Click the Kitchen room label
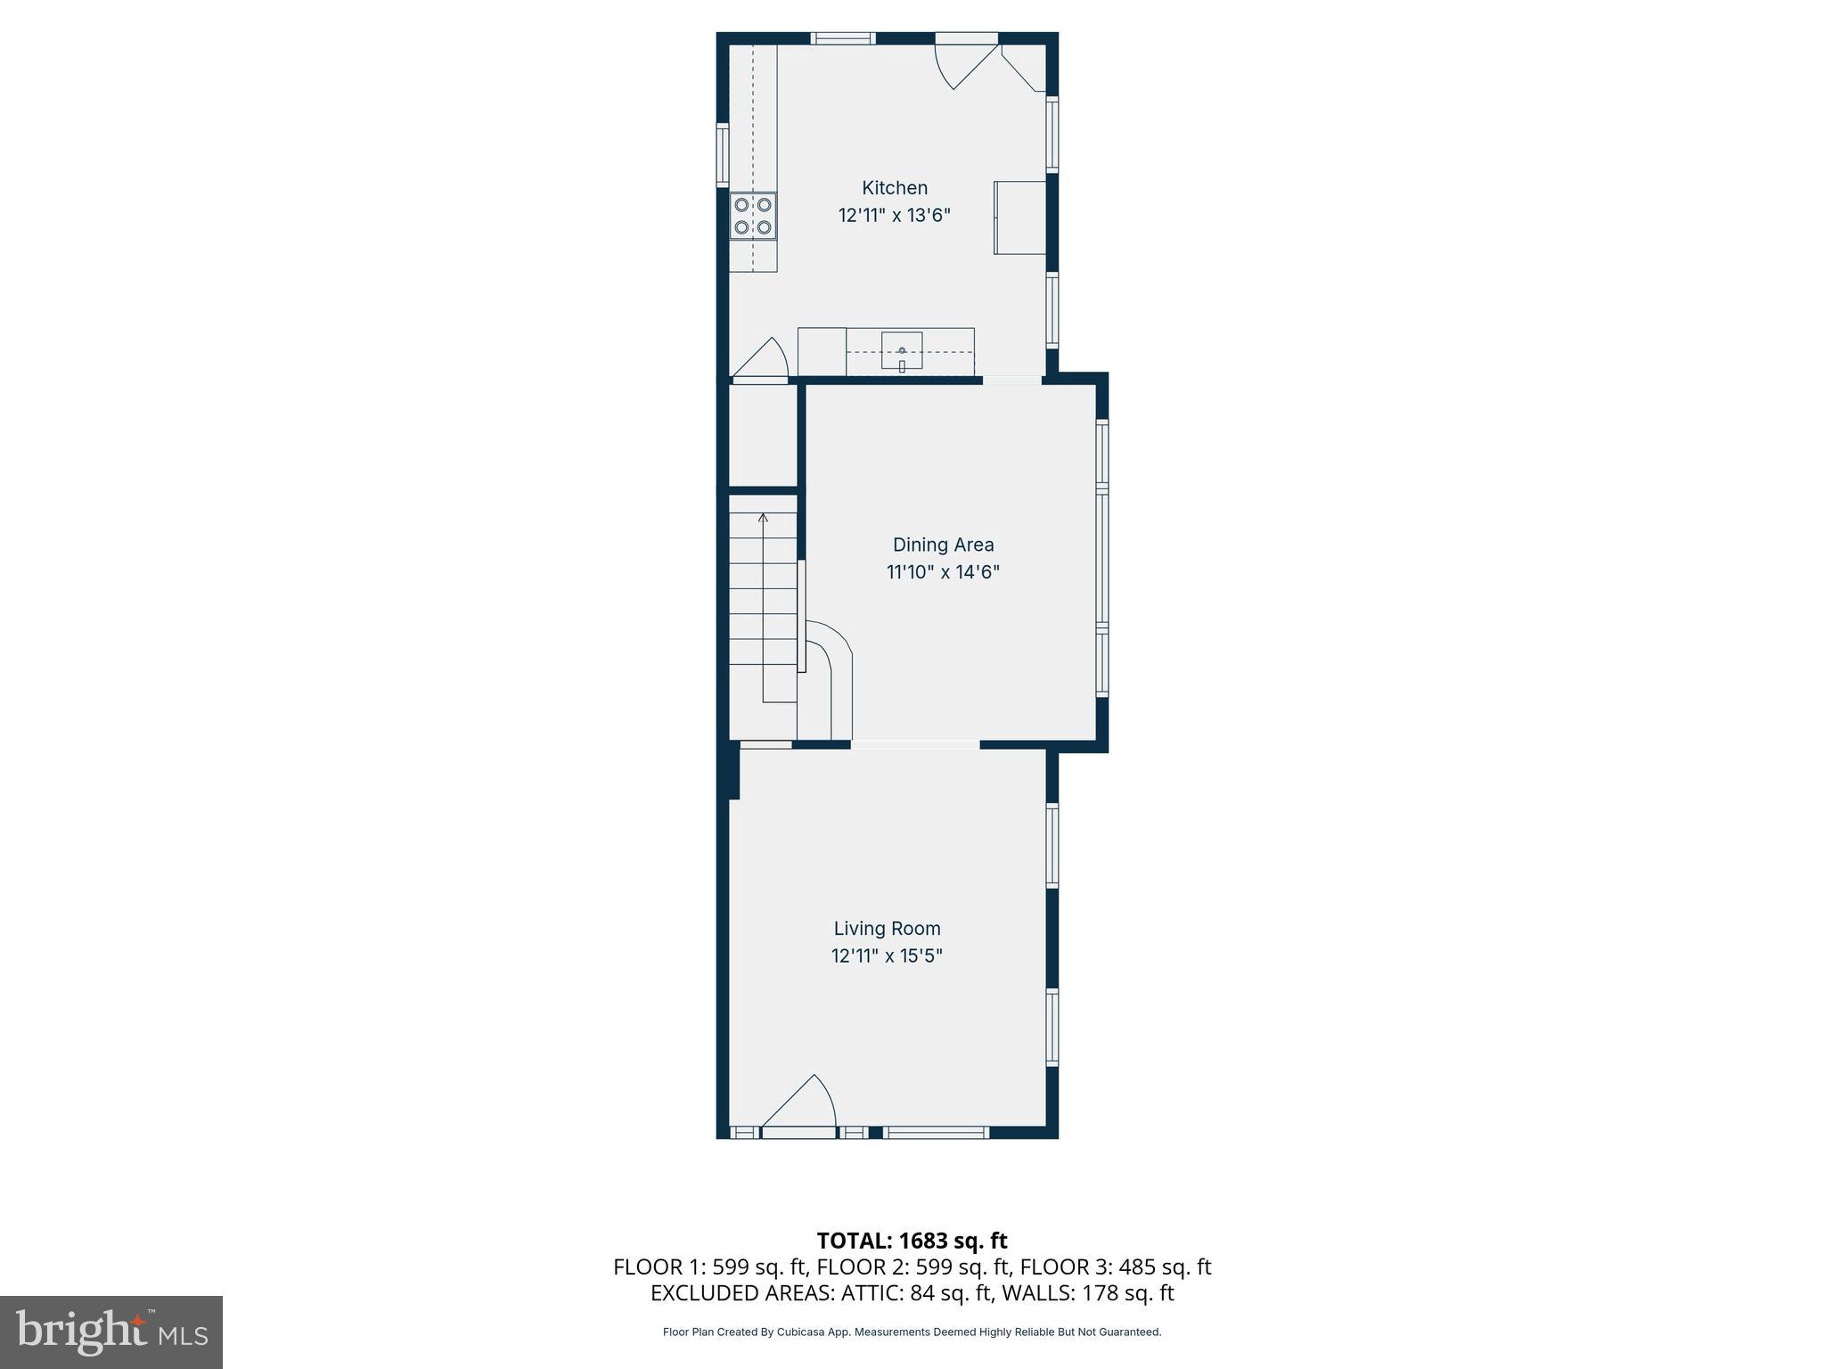[x=894, y=188]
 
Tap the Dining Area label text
[x=943, y=545]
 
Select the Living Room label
[x=887, y=929]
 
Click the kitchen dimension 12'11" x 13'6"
[x=894, y=216]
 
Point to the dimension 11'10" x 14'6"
[x=943, y=572]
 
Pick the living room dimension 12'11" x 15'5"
[x=887, y=956]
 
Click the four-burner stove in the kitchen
[x=753, y=216]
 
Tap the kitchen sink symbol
[x=902, y=350]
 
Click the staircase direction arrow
[x=763, y=520]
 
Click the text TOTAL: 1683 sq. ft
[x=912, y=1241]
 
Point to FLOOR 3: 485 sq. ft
[x=1115, y=1267]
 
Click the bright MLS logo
[x=111, y=1332]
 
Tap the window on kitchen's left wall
[x=723, y=155]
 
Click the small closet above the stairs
[x=763, y=435]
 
